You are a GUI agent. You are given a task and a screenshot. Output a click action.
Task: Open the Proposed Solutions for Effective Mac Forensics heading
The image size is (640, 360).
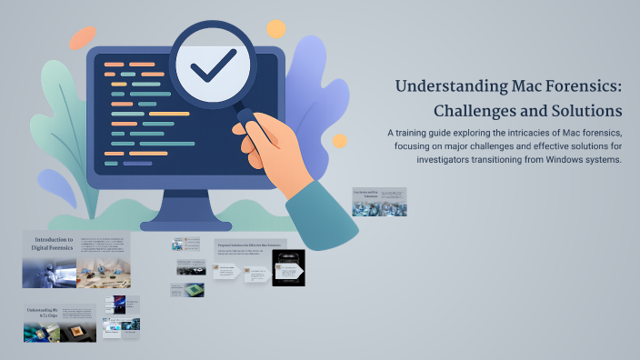point(250,245)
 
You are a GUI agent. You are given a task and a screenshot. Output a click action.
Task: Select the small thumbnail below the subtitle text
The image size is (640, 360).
point(379,202)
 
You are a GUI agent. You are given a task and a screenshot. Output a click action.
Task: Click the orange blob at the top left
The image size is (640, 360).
point(83,37)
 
